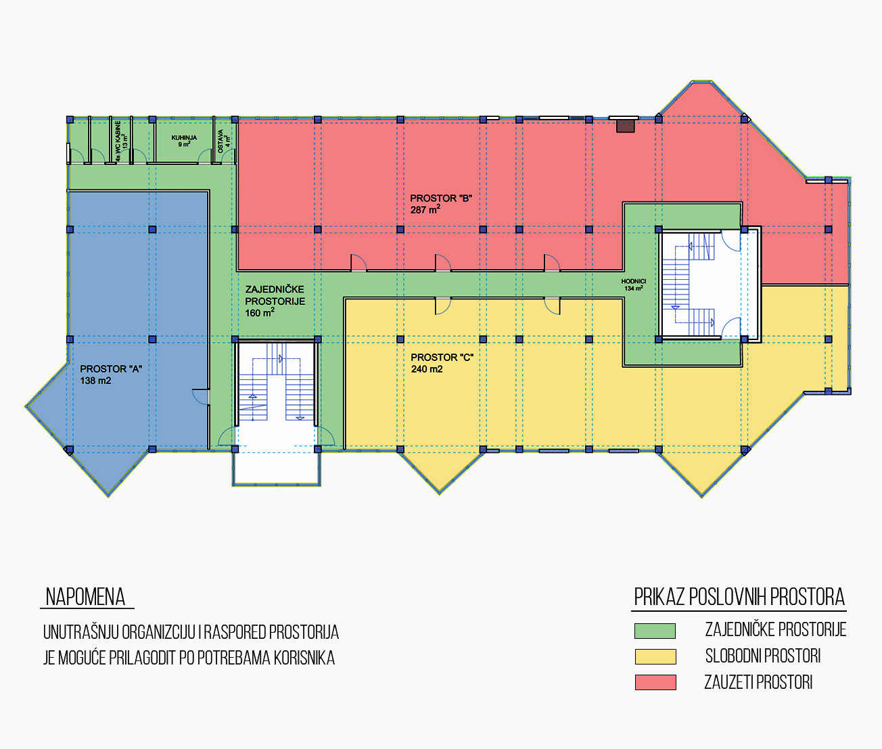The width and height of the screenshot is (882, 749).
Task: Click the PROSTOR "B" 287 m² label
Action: [x=441, y=204]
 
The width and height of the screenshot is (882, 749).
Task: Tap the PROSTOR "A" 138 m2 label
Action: [x=111, y=374]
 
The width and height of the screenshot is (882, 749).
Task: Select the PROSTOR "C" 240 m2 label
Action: [x=442, y=363]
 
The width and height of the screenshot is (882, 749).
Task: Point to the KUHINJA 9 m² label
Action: [x=184, y=141]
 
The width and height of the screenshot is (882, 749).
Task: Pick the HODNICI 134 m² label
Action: [x=633, y=285]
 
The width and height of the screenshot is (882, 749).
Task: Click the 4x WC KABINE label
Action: [x=118, y=141]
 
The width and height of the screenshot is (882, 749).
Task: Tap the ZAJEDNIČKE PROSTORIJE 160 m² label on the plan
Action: [x=275, y=301]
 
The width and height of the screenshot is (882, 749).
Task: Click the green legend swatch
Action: [x=655, y=631]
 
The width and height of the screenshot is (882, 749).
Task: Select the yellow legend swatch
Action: [x=655, y=656]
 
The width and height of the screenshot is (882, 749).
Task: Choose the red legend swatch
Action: [x=655, y=682]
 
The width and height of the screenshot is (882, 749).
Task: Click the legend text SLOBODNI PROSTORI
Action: [x=762, y=656]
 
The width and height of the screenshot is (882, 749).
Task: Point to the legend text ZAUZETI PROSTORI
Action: [x=758, y=683]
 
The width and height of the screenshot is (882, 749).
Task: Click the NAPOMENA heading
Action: [x=85, y=597]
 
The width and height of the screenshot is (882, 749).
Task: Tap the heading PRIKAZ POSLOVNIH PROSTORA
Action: [x=739, y=597]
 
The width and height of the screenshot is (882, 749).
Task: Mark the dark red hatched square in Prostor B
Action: [x=626, y=126]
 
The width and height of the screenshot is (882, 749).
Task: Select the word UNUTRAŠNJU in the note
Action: [x=80, y=631]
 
